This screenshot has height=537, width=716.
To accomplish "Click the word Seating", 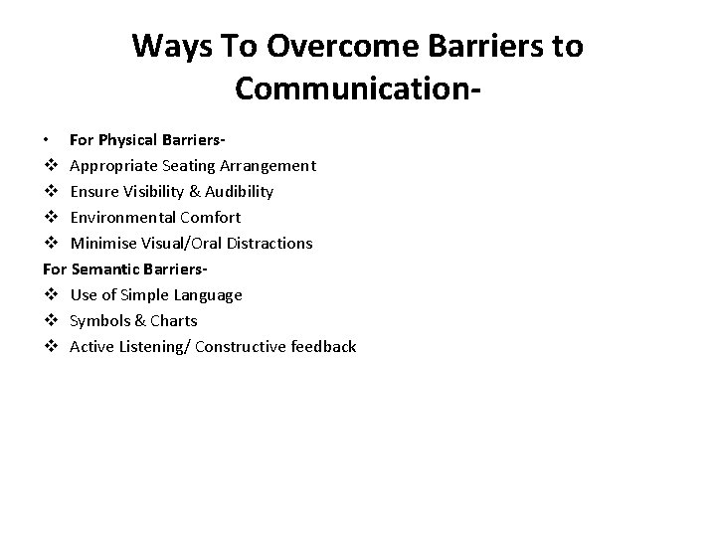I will [x=183, y=165].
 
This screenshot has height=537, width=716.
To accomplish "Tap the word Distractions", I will [x=269, y=243].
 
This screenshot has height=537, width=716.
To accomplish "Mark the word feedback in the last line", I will [x=321, y=346].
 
